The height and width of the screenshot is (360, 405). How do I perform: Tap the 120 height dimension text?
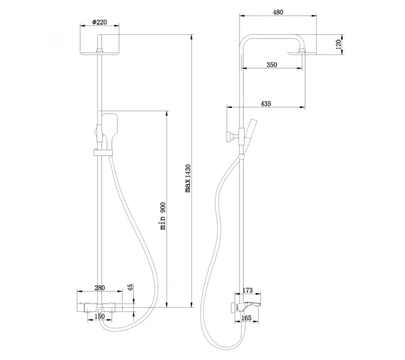tap(338, 44)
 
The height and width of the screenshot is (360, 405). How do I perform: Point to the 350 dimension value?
tap(272, 65)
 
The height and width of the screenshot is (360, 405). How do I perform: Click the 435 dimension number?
tap(266, 104)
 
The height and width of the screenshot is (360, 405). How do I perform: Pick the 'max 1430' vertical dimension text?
tap(188, 178)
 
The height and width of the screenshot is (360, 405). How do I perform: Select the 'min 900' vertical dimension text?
tap(162, 217)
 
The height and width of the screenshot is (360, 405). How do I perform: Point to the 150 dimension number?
tap(100, 316)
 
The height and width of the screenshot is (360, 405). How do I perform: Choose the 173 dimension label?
tap(250, 290)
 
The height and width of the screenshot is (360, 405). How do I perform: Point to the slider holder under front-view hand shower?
tap(101, 151)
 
